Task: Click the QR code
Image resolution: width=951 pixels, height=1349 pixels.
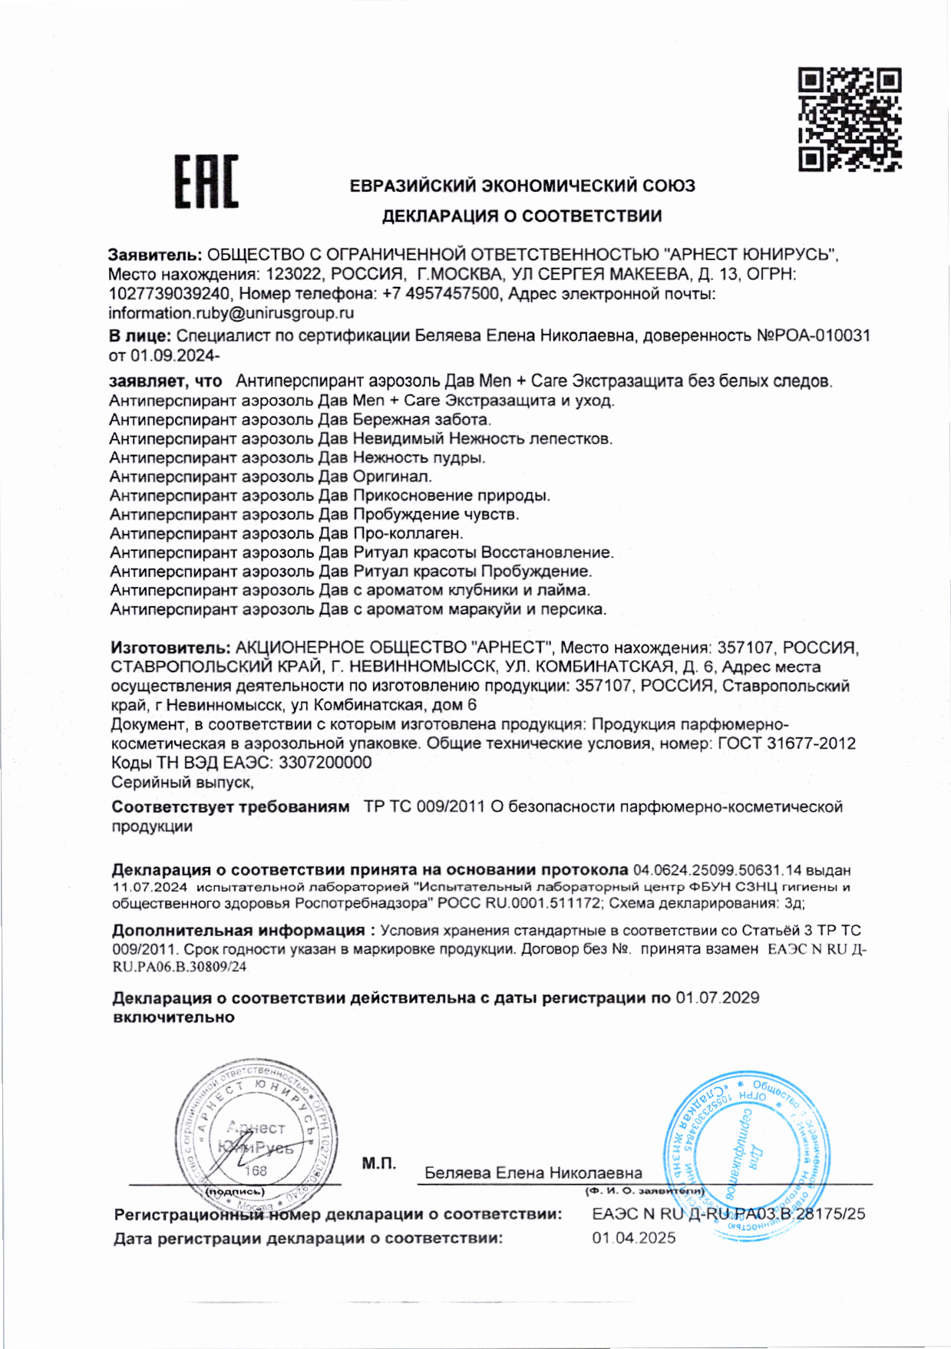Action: [850, 119]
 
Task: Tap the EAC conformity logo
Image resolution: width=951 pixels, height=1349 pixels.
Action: [206, 182]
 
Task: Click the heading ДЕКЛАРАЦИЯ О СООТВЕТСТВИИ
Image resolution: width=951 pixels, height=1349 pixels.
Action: [522, 216]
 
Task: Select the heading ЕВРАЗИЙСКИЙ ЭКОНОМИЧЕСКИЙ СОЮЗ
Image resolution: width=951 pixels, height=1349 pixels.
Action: [522, 186]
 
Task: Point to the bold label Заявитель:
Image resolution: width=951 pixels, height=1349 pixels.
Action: [155, 255]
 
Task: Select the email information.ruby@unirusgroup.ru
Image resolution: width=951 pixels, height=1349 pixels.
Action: [231, 313]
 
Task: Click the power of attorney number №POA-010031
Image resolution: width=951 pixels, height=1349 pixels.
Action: [814, 335]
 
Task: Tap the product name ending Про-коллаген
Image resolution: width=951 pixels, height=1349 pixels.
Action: [408, 533]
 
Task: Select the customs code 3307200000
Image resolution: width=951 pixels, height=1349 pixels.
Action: [325, 763]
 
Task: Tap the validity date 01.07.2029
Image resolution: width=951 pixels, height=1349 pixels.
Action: [717, 998]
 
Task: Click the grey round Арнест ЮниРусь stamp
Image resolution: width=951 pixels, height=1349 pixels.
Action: [256, 1135]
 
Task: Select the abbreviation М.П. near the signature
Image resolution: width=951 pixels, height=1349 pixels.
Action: [379, 1164]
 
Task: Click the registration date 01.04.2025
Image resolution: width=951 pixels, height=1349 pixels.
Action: [633, 1238]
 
